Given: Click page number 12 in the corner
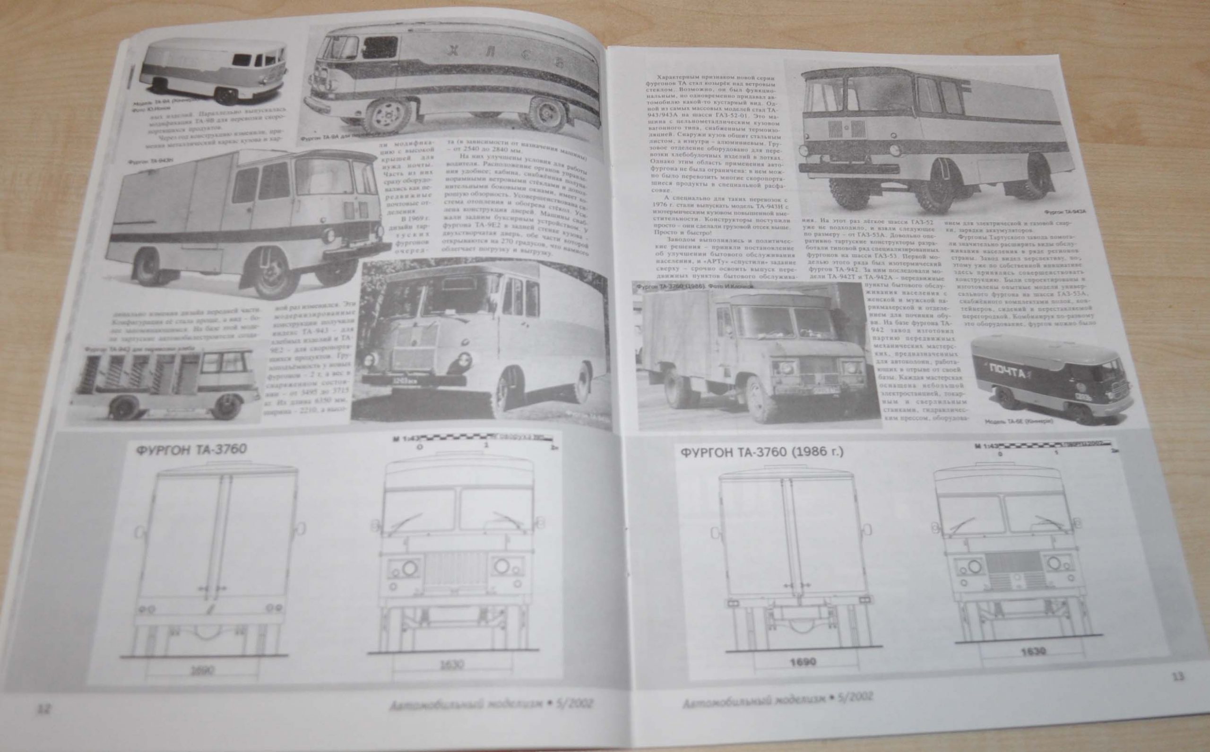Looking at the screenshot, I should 45,708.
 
